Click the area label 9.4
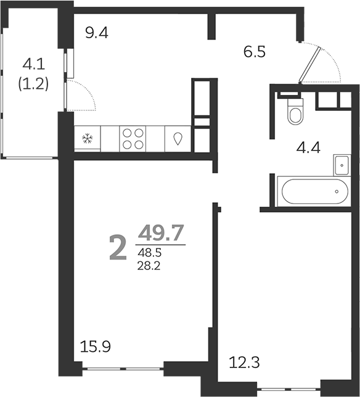coord(97,33)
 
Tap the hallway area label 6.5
coord(254,52)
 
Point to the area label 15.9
coord(96,347)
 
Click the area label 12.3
coord(244,361)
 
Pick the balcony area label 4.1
coord(35,63)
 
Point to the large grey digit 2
coord(118,248)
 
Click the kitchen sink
coord(179,139)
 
